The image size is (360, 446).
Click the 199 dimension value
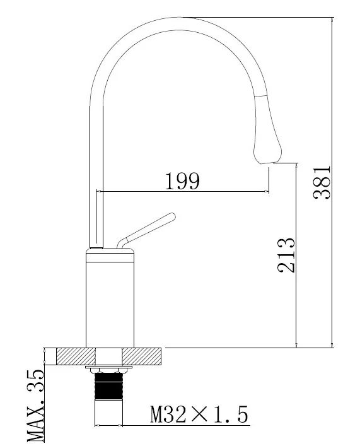tap(182, 181)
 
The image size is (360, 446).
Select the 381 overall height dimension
tap(322, 182)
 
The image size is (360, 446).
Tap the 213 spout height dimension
tap(286, 255)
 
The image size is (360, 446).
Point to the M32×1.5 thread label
tap(199, 414)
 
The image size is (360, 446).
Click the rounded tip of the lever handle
tap(171, 217)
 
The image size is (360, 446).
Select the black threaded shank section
tap(108, 386)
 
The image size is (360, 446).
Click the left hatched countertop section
tap(76, 356)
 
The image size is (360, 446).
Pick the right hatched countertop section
tap(142, 356)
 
